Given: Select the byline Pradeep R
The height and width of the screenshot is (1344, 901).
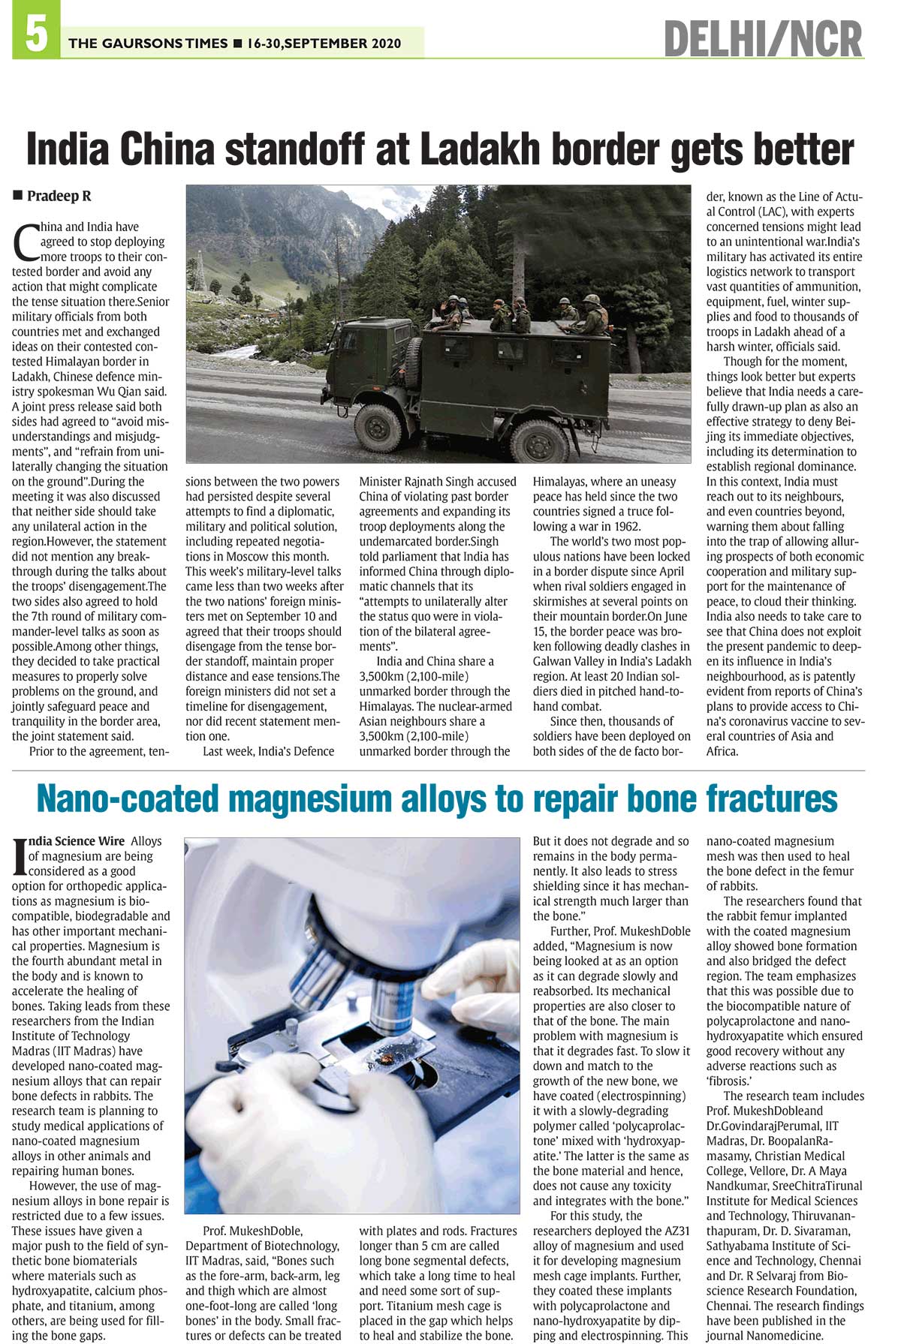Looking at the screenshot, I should click(59, 197).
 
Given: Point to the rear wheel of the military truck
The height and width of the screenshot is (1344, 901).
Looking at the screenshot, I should click(538, 440).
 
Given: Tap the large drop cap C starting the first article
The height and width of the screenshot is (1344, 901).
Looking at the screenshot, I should click(24, 239).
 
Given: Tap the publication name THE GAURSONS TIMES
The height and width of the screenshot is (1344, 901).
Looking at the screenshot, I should click(148, 44).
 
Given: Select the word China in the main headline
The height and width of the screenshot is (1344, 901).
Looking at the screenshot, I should click(169, 149).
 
